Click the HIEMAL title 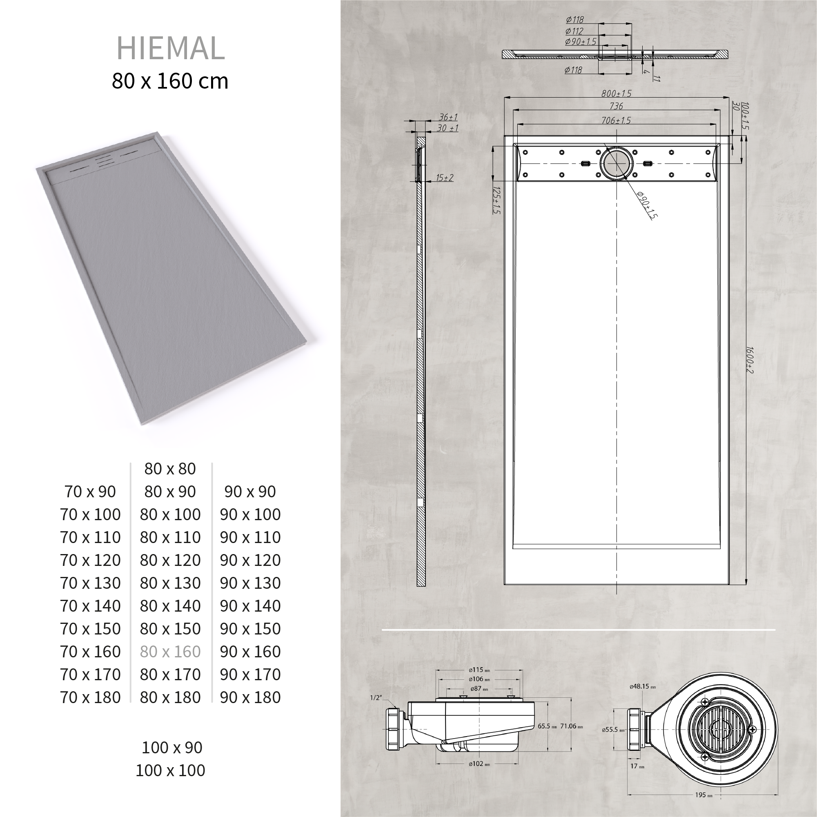(x=170, y=48)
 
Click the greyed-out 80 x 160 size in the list (x=170, y=652)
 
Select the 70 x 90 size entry (x=90, y=492)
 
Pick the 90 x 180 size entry (x=250, y=697)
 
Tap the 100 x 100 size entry (x=170, y=770)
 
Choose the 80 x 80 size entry (x=170, y=469)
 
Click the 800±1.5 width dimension (x=616, y=93)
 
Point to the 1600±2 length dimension (x=749, y=360)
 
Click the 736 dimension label (x=616, y=106)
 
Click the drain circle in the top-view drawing (x=617, y=164)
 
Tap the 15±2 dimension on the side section (x=445, y=178)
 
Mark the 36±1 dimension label (x=448, y=117)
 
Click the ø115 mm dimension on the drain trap (x=479, y=670)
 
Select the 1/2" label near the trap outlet (x=376, y=698)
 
